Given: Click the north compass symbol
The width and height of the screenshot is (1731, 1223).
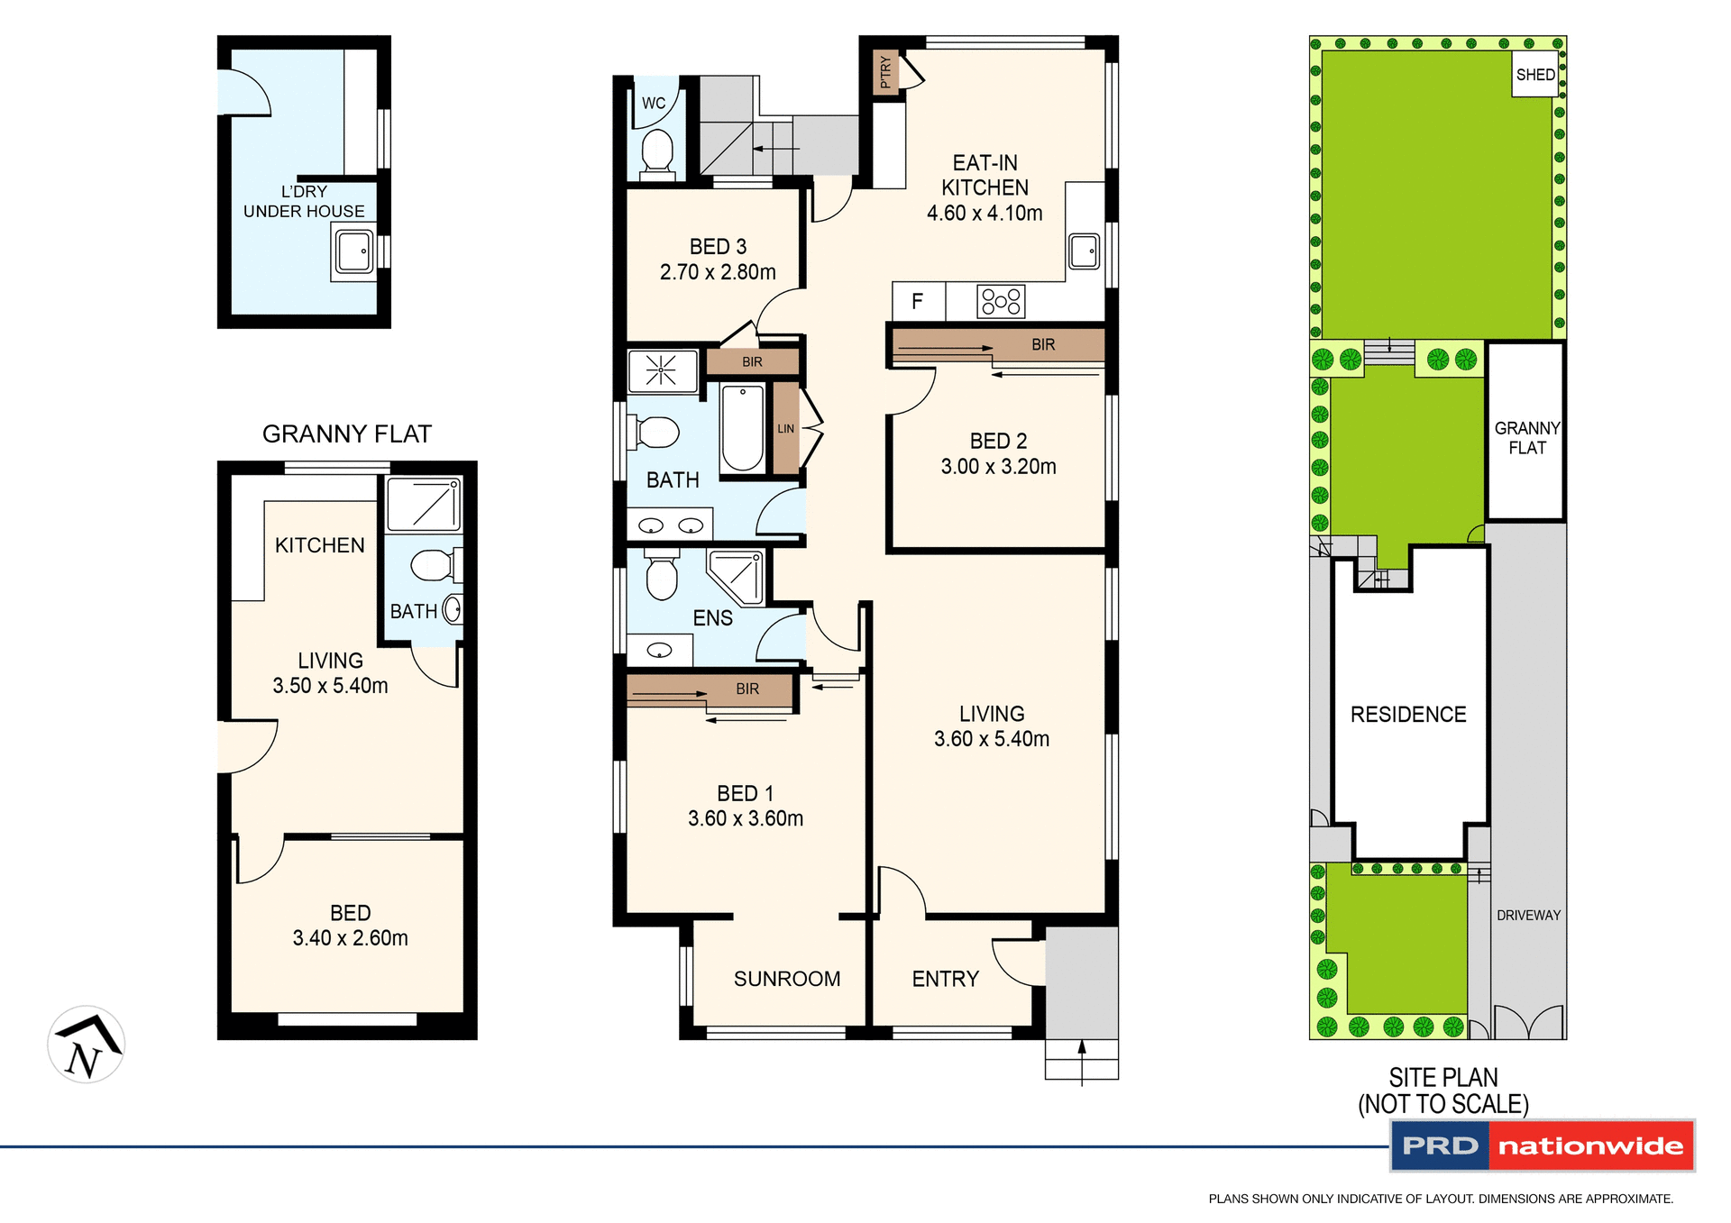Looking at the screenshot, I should tap(87, 1045).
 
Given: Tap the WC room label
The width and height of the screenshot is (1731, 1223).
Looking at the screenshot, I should tap(654, 104).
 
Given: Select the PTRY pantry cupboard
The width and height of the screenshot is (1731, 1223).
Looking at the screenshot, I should tap(885, 72).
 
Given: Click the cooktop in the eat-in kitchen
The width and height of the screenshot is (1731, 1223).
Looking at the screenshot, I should tap(1001, 301).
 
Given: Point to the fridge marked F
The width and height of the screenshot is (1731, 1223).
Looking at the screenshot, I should tap(918, 302).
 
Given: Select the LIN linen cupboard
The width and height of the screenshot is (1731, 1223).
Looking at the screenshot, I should tap(786, 428).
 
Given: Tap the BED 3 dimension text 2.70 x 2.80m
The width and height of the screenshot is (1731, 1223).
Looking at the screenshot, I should tap(718, 272).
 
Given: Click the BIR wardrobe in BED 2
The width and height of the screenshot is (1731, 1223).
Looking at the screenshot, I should tap(999, 344).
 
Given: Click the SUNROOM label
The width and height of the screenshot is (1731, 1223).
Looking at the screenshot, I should tap(787, 979).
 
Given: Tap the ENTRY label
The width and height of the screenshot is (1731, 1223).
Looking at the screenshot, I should tap(945, 979).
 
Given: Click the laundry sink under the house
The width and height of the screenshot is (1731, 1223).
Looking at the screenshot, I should tap(354, 251).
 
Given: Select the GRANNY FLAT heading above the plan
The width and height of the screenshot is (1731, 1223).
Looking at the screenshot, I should tap(347, 434).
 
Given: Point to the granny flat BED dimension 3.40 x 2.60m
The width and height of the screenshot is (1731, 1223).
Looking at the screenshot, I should tap(350, 938).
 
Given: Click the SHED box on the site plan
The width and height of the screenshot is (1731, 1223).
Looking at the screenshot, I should tap(1534, 75).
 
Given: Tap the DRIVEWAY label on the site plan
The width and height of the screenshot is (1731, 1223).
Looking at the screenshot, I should tap(1528, 916).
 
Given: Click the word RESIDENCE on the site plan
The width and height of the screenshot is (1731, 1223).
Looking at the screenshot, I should tap(1408, 715).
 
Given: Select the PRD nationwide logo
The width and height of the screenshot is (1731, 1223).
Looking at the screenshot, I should tap(1543, 1145).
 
